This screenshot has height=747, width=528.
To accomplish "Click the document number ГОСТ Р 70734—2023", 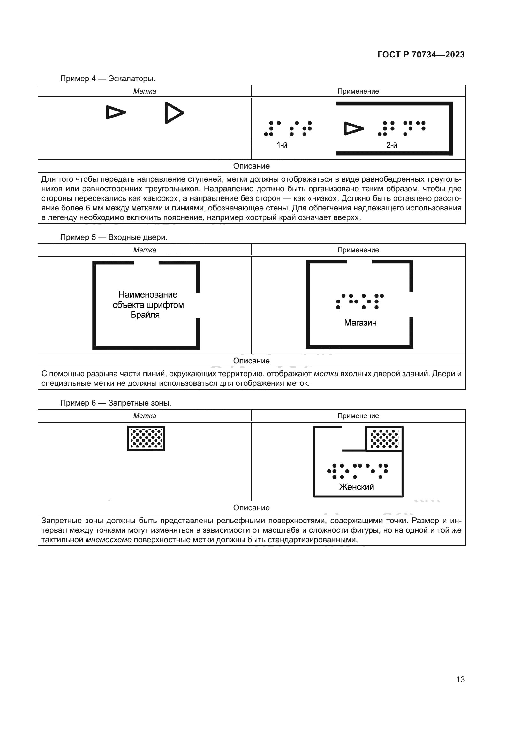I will [x=421, y=55].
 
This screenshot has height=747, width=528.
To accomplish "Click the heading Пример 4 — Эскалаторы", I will [x=108, y=79].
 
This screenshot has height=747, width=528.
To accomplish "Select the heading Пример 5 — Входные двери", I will [x=113, y=237].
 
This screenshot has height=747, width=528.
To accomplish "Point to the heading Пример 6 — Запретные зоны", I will [x=116, y=403].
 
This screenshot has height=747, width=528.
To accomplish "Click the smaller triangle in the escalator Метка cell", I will [x=115, y=112].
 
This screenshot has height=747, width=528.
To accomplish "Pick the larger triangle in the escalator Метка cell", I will [x=174, y=113].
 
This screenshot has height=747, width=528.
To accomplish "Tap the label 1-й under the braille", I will [x=282, y=145].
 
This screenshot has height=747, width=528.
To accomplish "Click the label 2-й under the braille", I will [x=391, y=145].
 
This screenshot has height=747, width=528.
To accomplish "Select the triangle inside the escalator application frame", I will [x=353, y=128].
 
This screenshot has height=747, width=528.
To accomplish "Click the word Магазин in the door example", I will [x=360, y=323].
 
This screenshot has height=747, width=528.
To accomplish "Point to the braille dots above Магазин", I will [x=360, y=301].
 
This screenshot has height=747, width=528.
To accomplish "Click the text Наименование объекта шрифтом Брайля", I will [x=148, y=305].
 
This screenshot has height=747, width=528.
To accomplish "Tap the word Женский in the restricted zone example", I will [x=356, y=487].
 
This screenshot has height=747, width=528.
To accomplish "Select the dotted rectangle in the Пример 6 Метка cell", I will [x=146, y=438].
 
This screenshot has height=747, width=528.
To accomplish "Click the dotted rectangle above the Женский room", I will [x=384, y=438].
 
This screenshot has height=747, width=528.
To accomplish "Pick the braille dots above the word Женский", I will [x=357, y=471].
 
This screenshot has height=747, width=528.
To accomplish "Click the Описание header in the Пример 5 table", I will [x=251, y=361].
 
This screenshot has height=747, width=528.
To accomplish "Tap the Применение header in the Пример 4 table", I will [x=358, y=91].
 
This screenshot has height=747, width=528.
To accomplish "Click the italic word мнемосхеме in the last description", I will [x=109, y=540].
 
